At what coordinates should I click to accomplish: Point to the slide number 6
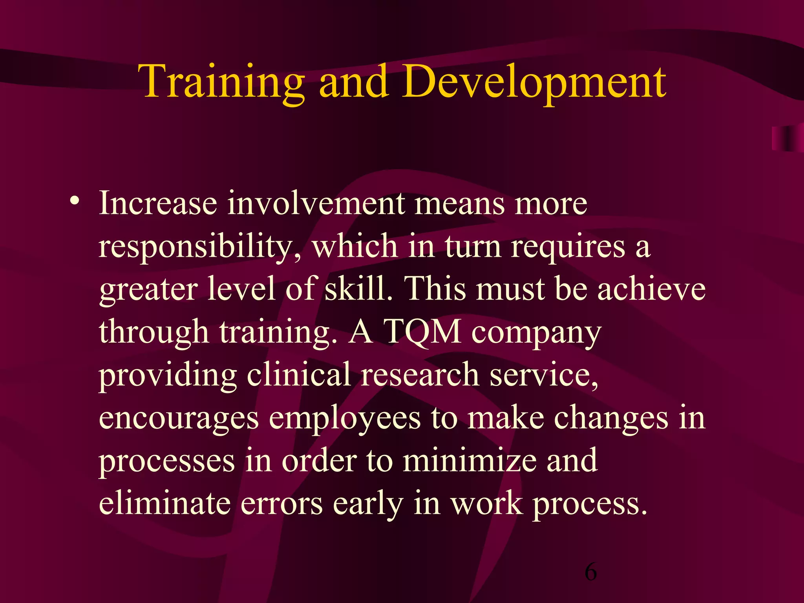[590, 571]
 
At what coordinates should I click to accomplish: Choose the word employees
[344, 418]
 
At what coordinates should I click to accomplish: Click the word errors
[281, 503]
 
